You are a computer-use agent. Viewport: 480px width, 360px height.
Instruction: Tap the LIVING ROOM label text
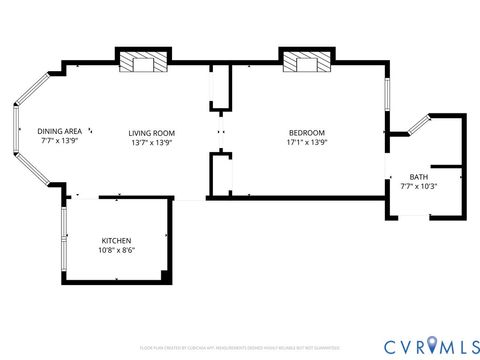152,132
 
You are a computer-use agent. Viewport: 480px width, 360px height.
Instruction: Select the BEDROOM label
306,132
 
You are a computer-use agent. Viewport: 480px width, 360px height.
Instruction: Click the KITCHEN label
117,241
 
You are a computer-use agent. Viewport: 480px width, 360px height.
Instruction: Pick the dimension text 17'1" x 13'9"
306,142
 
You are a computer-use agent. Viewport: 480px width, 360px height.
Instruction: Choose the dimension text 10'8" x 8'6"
117,251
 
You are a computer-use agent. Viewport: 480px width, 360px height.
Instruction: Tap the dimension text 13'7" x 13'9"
152,142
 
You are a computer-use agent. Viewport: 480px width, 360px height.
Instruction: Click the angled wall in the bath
410,125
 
